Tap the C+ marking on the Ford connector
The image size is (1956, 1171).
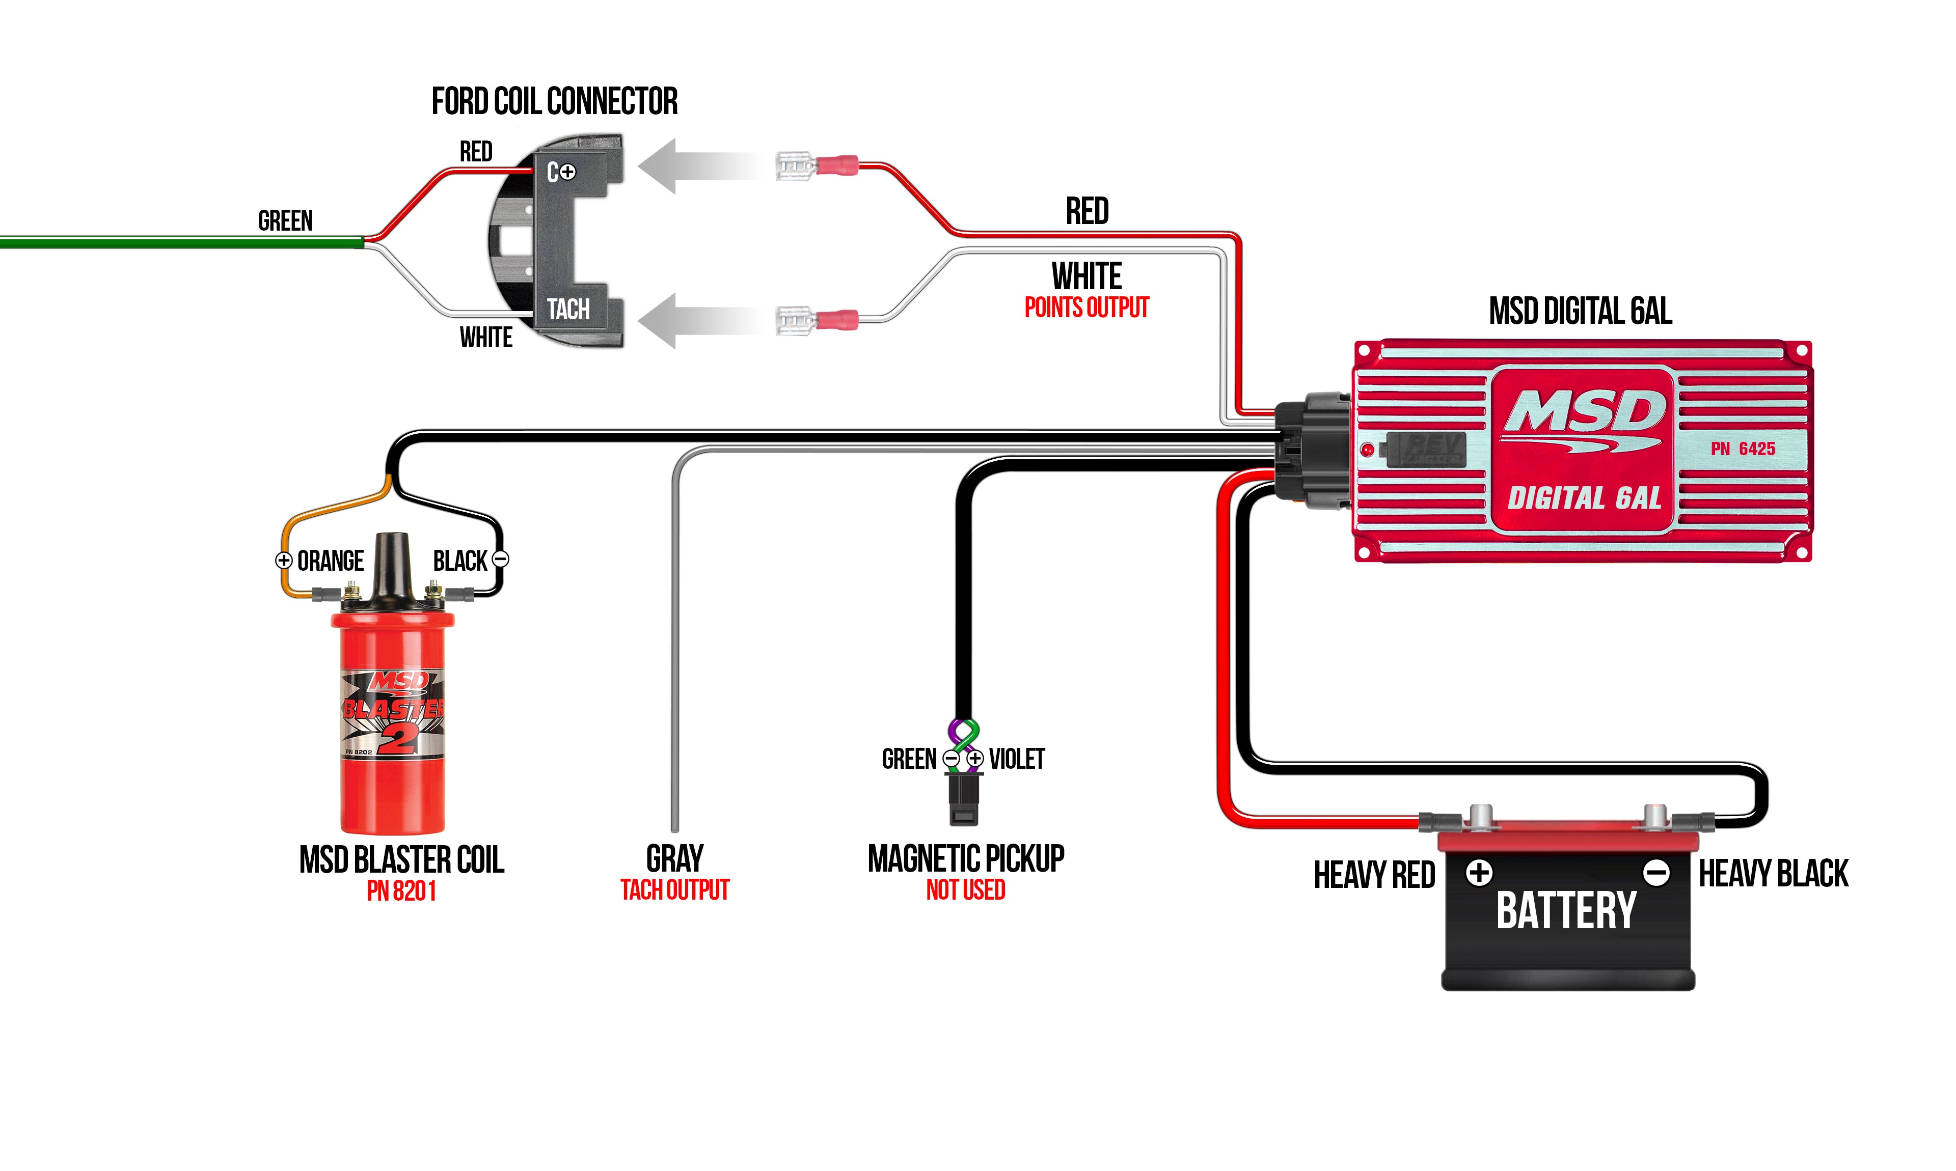(x=561, y=171)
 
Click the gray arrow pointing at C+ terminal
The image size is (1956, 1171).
(x=695, y=165)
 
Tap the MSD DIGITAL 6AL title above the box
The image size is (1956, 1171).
(x=1580, y=311)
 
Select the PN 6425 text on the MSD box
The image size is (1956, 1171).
(x=1743, y=449)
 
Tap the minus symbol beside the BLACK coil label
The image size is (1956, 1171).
(x=500, y=560)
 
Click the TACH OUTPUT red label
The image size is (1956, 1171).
(x=675, y=890)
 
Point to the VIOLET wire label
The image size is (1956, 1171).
(x=1017, y=759)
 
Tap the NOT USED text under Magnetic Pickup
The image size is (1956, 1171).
(x=965, y=890)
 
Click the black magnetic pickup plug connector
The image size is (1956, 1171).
(x=964, y=798)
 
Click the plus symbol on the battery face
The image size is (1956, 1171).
(x=1479, y=873)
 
